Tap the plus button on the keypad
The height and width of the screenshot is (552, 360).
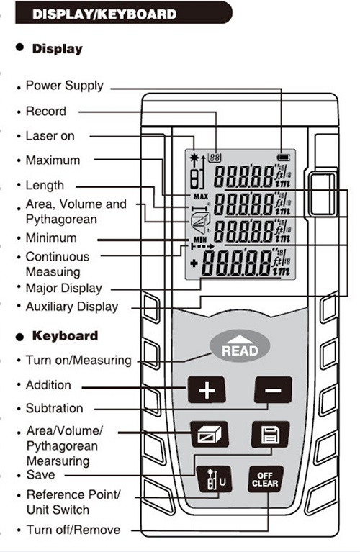tap(207, 391)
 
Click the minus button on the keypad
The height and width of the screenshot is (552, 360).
tap(272, 391)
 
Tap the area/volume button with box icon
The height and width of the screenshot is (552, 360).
tap(207, 435)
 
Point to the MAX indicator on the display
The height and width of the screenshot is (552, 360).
tap(199, 195)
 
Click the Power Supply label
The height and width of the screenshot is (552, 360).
tap(64, 86)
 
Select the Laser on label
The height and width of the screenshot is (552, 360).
tap(50, 135)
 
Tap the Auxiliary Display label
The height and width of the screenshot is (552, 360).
tap(71, 306)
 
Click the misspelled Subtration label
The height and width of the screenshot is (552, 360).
tap(54, 408)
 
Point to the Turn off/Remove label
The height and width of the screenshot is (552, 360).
tap(73, 530)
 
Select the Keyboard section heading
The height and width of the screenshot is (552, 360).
tap(65, 336)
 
